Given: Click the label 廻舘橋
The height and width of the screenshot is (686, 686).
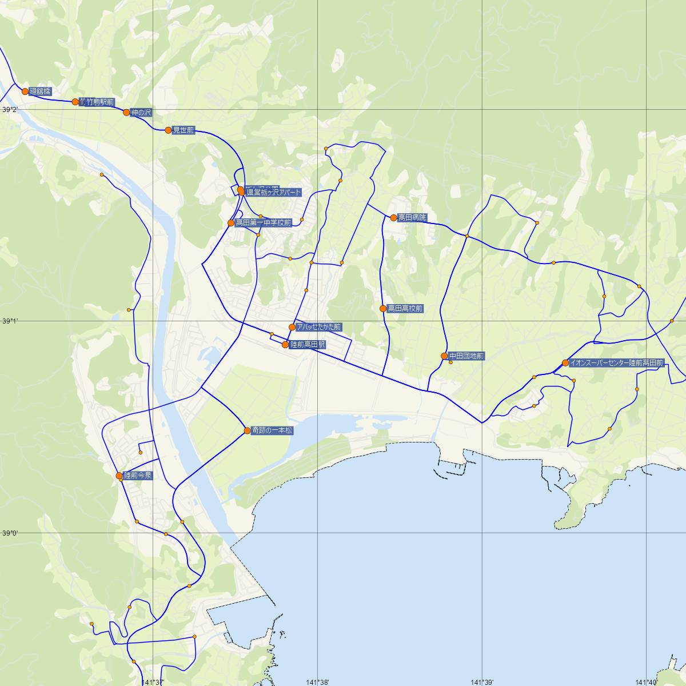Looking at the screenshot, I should [x=40, y=91].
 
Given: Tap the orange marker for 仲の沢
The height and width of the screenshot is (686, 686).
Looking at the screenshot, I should [x=126, y=113].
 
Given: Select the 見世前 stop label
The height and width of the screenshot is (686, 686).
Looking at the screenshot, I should [x=184, y=130].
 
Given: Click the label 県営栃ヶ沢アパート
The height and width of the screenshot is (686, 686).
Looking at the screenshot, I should [x=273, y=193].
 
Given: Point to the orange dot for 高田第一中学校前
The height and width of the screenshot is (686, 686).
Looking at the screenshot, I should [x=231, y=223].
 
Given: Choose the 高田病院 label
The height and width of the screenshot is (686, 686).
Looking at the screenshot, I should [x=412, y=218].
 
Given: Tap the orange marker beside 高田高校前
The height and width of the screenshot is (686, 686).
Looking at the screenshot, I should [x=383, y=309].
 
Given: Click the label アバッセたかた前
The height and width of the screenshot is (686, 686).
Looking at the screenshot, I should [x=318, y=327].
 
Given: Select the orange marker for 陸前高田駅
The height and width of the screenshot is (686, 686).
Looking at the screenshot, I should [x=285, y=345].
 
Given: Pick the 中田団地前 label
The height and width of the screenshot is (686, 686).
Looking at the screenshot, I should [x=466, y=356].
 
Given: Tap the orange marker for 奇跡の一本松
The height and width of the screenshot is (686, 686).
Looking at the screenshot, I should [x=247, y=430].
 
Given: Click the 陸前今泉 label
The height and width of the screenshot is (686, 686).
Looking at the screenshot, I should [x=138, y=476].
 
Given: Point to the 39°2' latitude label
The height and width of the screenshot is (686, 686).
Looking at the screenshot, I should [x=10, y=110].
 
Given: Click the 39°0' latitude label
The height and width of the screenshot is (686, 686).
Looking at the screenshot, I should [x=10, y=533].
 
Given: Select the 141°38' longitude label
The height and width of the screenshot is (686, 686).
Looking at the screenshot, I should [x=318, y=682].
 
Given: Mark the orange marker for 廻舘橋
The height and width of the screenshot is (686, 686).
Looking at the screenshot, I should [x=25, y=91].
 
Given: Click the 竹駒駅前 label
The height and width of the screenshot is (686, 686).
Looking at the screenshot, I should [x=99, y=102].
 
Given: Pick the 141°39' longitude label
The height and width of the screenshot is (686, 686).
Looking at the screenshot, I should [x=482, y=682].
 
